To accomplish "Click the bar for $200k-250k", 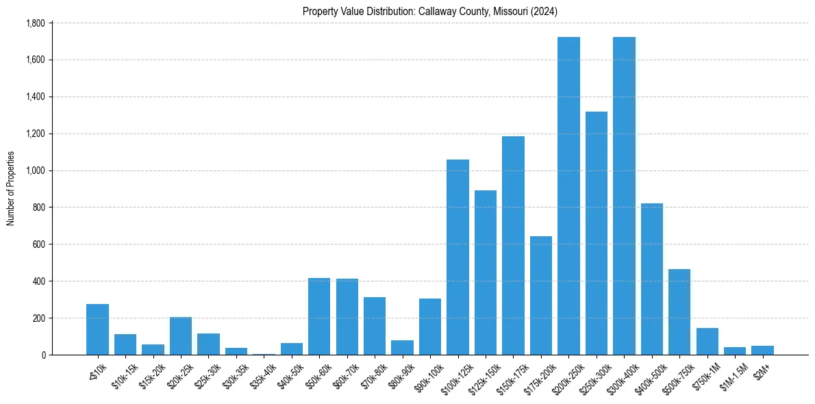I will (x=568, y=196).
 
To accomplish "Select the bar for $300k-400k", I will (x=624, y=196).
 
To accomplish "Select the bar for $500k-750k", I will (x=679, y=312).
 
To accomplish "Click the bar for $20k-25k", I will (x=181, y=336).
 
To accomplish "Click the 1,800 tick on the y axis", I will (x=35, y=23).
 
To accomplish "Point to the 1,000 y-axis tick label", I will (x=35, y=171).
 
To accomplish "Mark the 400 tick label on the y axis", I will (x=38, y=281).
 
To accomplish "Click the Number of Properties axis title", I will (x=10, y=188).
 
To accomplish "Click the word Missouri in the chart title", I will (x=506, y=12).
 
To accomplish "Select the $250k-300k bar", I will (x=597, y=233).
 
